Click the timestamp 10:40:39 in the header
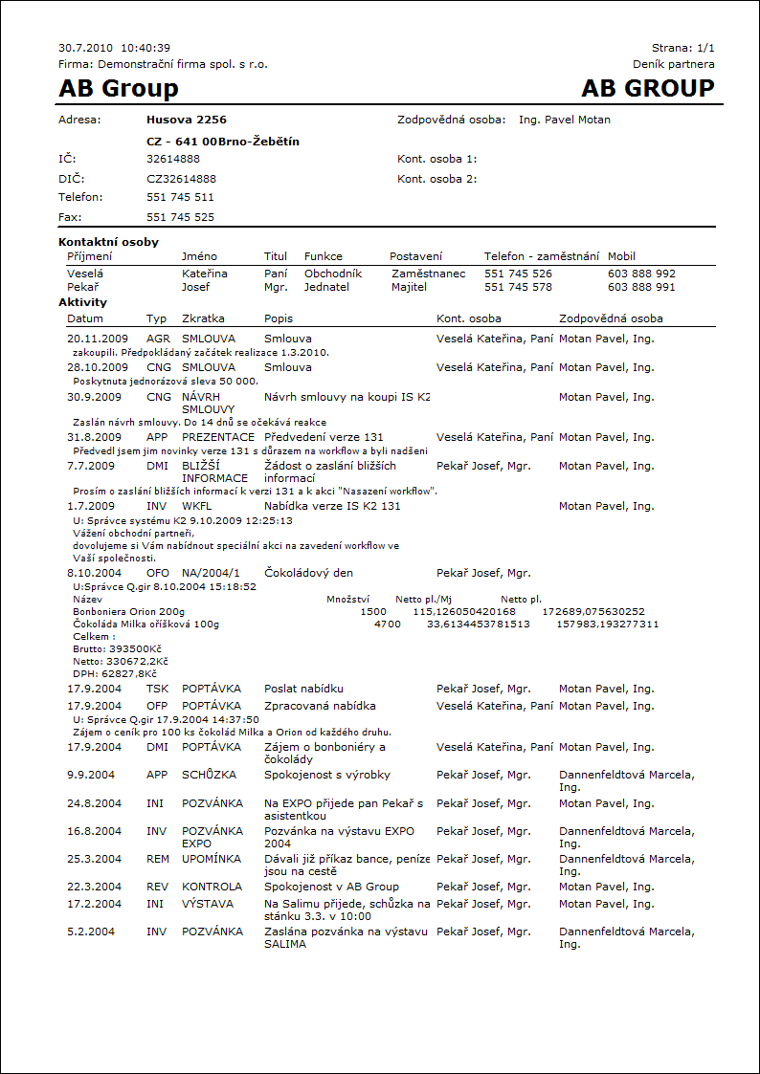pyautogui.click(x=145, y=48)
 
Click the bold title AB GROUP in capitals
pyautogui.click(x=648, y=89)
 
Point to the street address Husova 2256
pyautogui.click(x=187, y=121)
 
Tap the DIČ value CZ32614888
pyautogui.click(x=181, y=179)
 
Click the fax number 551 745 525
pyautogui.click(x=180, y=217)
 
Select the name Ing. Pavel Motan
pyautogui.click(x=564, y=121)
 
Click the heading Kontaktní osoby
pyautogui.click(x=108, y=243)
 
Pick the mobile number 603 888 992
pyautogui.click(x=641, y=274)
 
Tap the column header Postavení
pyautogui.click(x=415, y=256)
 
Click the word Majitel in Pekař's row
pyautogui.click(x=409, y=287)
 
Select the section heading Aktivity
pyautogui.click(x=82, y=302)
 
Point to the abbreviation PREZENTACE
pyautogui.click(x=218, y=437)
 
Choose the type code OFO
pyautogui.click(x=157, y=573)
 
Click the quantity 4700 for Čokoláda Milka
pyautogui.click(x=387, y=625)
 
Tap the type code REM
pyautogui.click(x=157, y=859)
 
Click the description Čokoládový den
pyautogui.click(x=309, y=573)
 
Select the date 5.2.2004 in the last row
pyautogui.click(x=90, y=932)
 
